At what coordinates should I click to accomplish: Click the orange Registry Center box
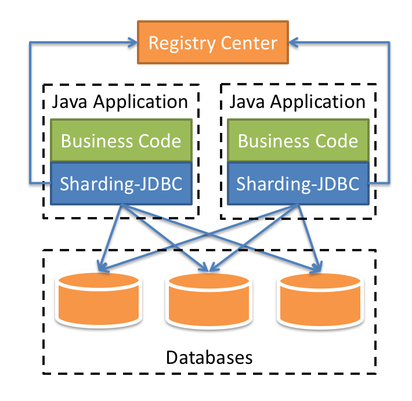pos(212,42)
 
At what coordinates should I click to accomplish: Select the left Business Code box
pos(121,141)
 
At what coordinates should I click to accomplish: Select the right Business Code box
pos(298,141)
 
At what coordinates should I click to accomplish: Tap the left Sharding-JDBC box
pos(121,183)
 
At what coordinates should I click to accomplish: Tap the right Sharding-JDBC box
pos(298,183)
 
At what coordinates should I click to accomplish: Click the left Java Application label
pos(120,102)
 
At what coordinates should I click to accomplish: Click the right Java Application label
pos(298,102)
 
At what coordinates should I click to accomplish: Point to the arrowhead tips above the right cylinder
pos(317,268)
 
